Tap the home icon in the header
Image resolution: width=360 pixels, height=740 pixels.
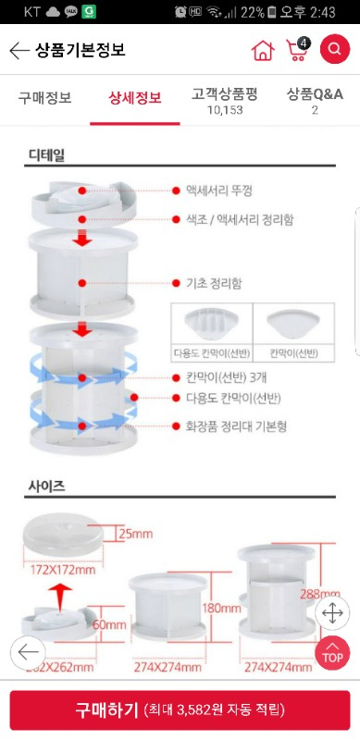(263, 51)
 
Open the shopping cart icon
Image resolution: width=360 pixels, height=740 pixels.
(298, 50)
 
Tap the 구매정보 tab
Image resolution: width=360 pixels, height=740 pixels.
(44, 96)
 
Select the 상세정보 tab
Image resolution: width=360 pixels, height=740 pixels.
(135, 96)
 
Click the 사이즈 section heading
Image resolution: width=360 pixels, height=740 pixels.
(45, 484)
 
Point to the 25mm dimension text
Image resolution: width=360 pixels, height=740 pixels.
(136, 534)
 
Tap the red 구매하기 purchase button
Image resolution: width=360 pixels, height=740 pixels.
(180, 710)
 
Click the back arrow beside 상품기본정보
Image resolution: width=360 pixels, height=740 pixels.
(19, 51)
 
